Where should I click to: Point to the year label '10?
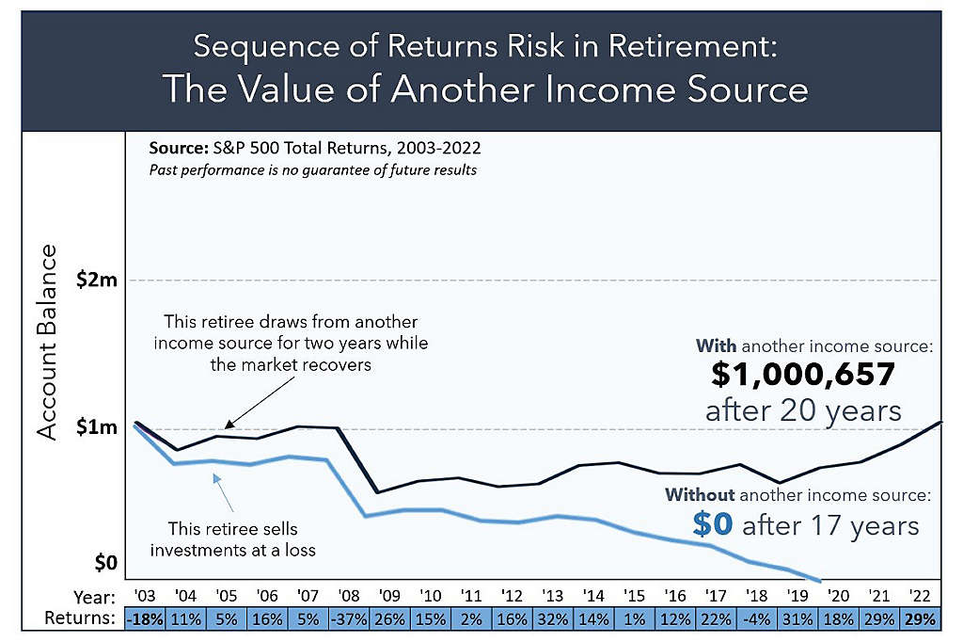click(430, 597)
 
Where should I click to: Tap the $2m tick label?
click(99, 280)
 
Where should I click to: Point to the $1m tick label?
click(99, 427)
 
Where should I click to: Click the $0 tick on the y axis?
click(105, 563)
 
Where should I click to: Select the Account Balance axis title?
click(48, 341)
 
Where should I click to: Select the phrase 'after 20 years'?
click(802, 411)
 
